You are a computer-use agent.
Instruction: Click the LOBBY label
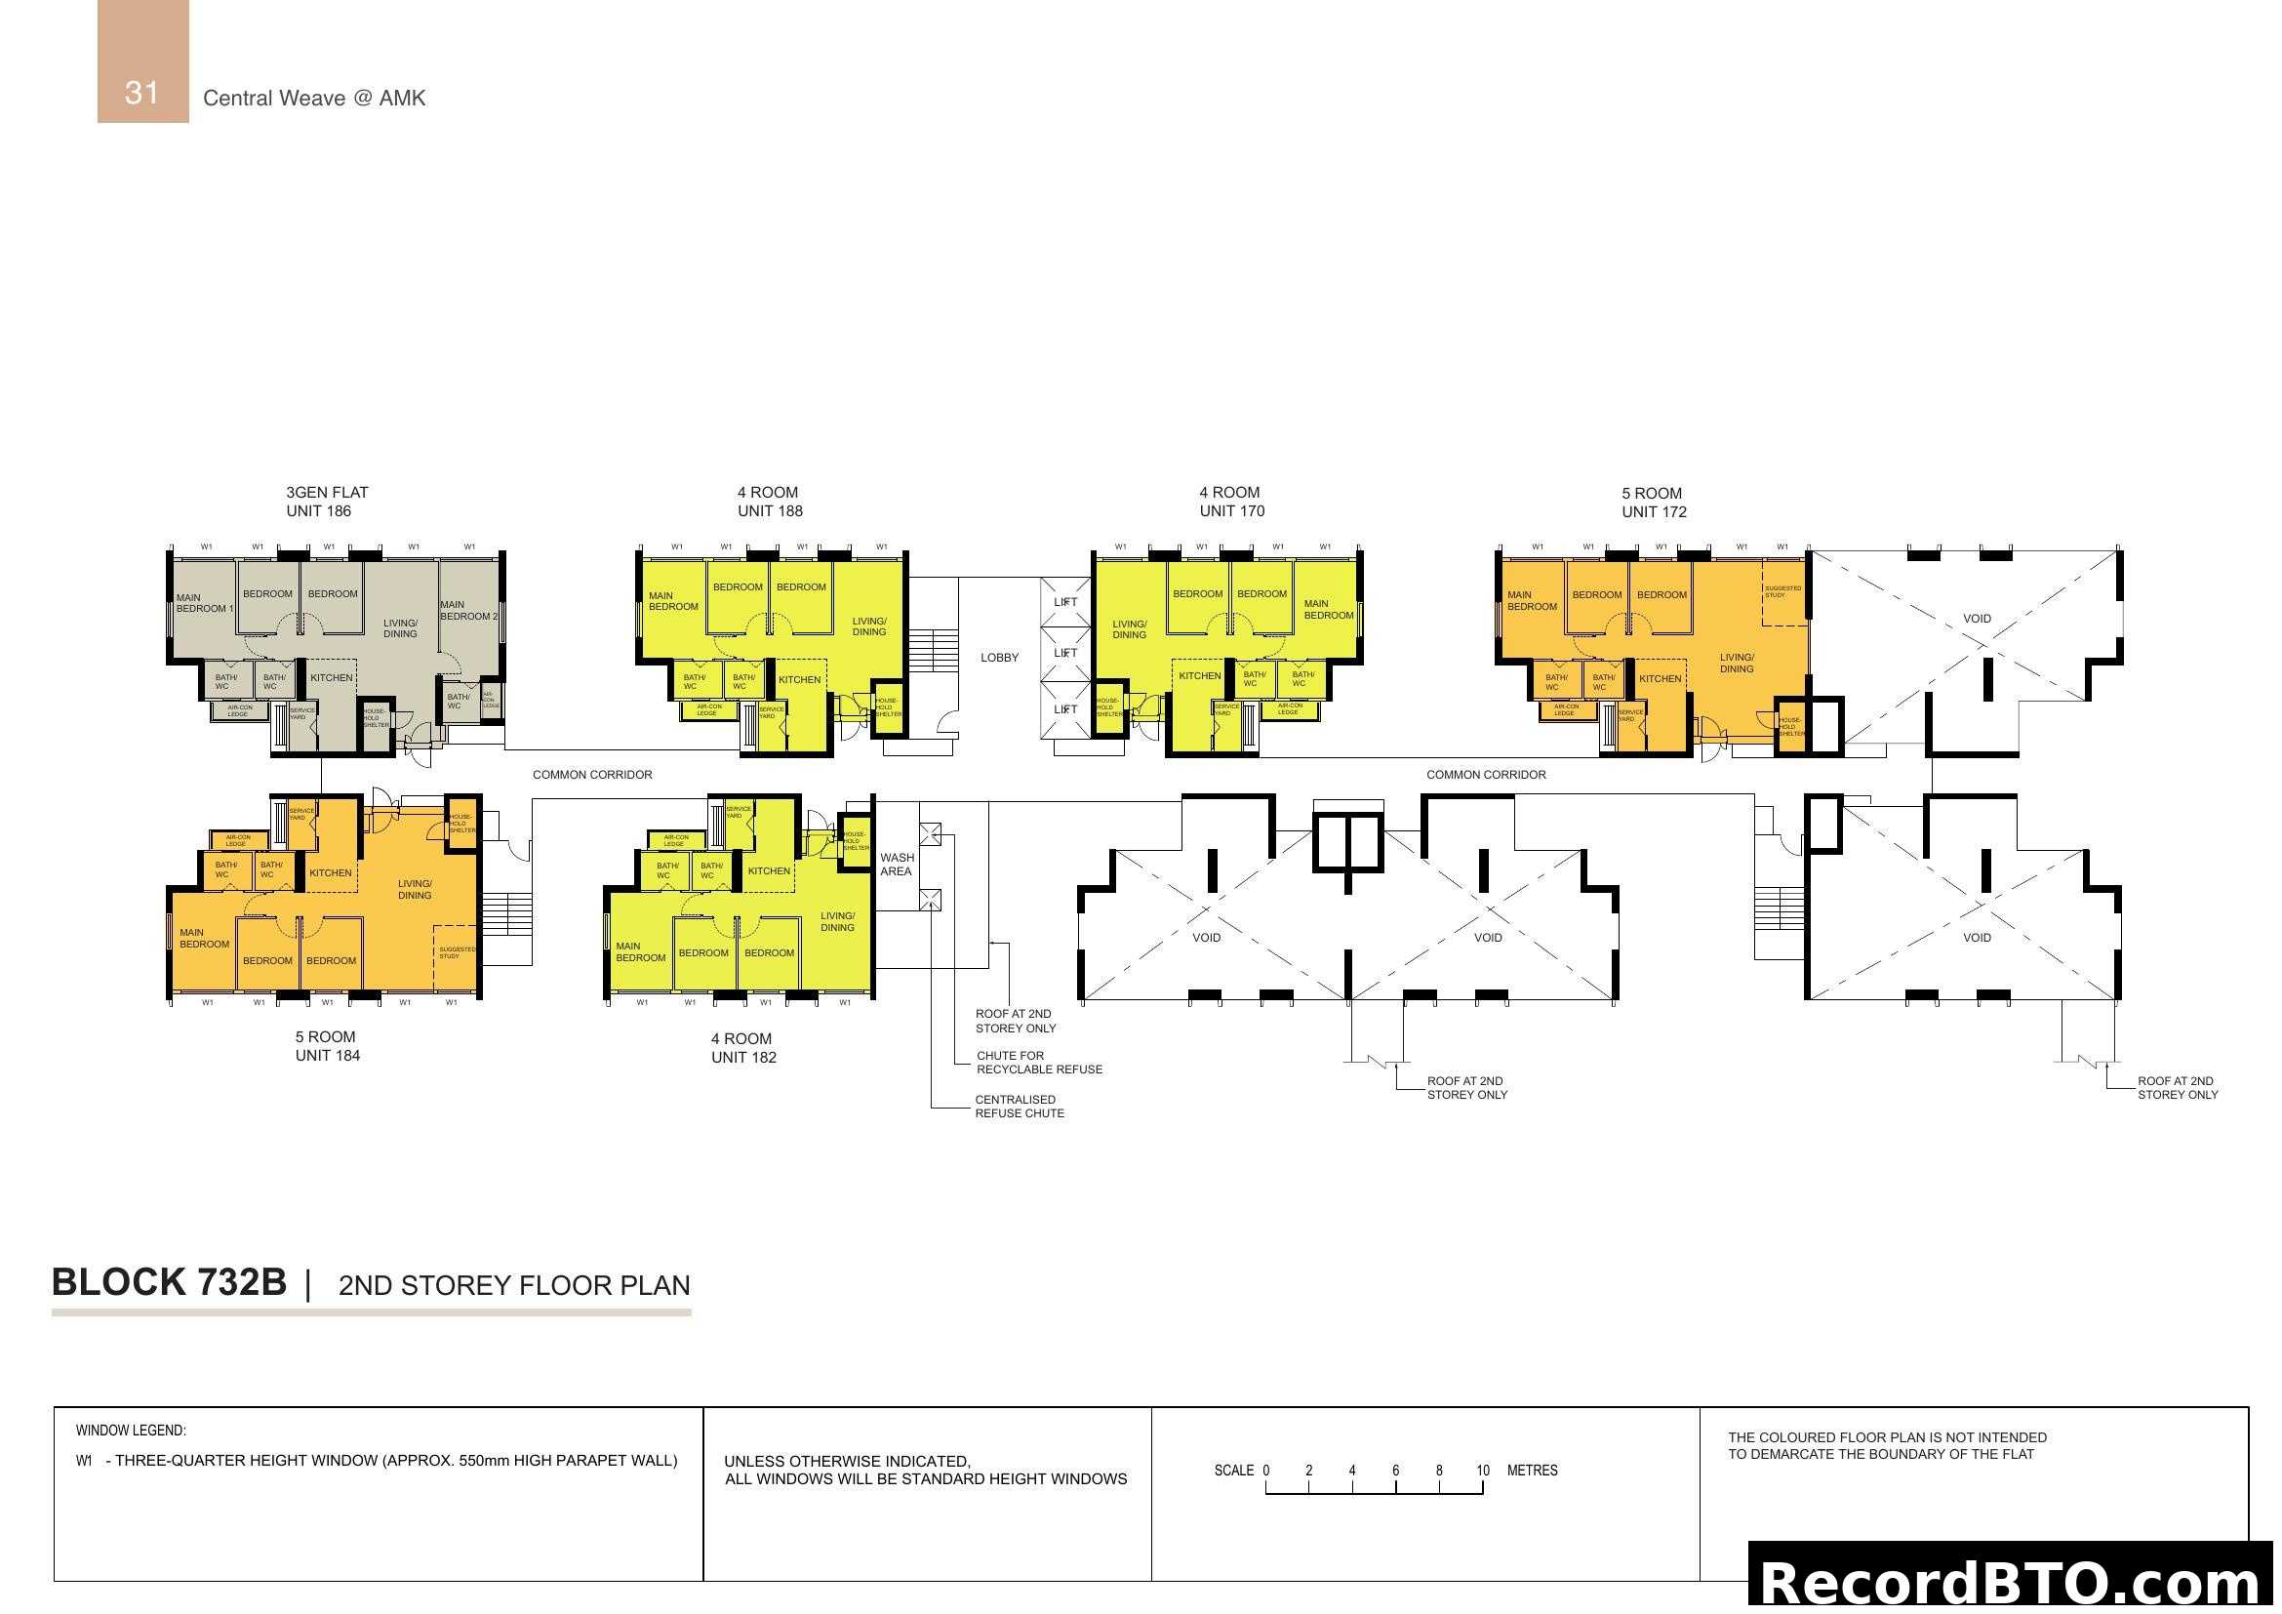[x=999, y=658]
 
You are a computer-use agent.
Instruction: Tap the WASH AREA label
[x=896, y=865]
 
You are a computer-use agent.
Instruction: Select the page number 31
[x=142, y=93]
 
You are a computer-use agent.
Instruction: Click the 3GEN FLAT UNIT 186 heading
[x=326, y=502]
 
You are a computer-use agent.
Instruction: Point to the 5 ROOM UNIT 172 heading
[x=1653, y=503]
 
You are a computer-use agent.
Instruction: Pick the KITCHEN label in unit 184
[x=330, y=873]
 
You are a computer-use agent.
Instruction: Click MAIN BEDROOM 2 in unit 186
[x=468, y=610]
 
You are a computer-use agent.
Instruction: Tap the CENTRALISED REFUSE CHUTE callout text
[x=1019, y=1107]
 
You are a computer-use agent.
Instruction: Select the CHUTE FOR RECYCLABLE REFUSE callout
[x=1039, y=1063]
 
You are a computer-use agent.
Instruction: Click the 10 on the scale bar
[x=1482, y=1471]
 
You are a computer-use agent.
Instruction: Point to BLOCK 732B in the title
[x=169, y=1282]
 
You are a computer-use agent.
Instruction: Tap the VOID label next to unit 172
[x=1976, y=618]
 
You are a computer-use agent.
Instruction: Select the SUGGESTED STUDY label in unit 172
[x=1782, y=591]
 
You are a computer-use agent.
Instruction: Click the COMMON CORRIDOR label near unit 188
[x=592, y=775]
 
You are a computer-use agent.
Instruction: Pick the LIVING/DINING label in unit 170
[x=1129, y=630]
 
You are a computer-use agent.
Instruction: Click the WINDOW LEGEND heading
[x=130, y=1432]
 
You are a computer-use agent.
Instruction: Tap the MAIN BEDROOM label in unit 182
[x=640, y=952]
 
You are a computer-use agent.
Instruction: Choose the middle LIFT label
[x=1065, y=653]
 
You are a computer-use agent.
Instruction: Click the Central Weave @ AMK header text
[x=314, y=99]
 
